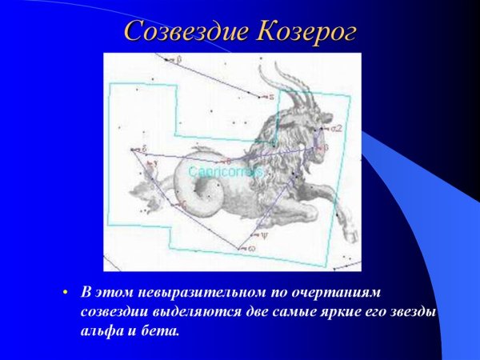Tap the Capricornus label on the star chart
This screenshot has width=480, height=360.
click(226, 171)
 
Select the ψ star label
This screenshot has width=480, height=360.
click(266, 235)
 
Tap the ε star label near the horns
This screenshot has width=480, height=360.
click(271, 95)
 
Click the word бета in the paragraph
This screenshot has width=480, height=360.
click(163, 328)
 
